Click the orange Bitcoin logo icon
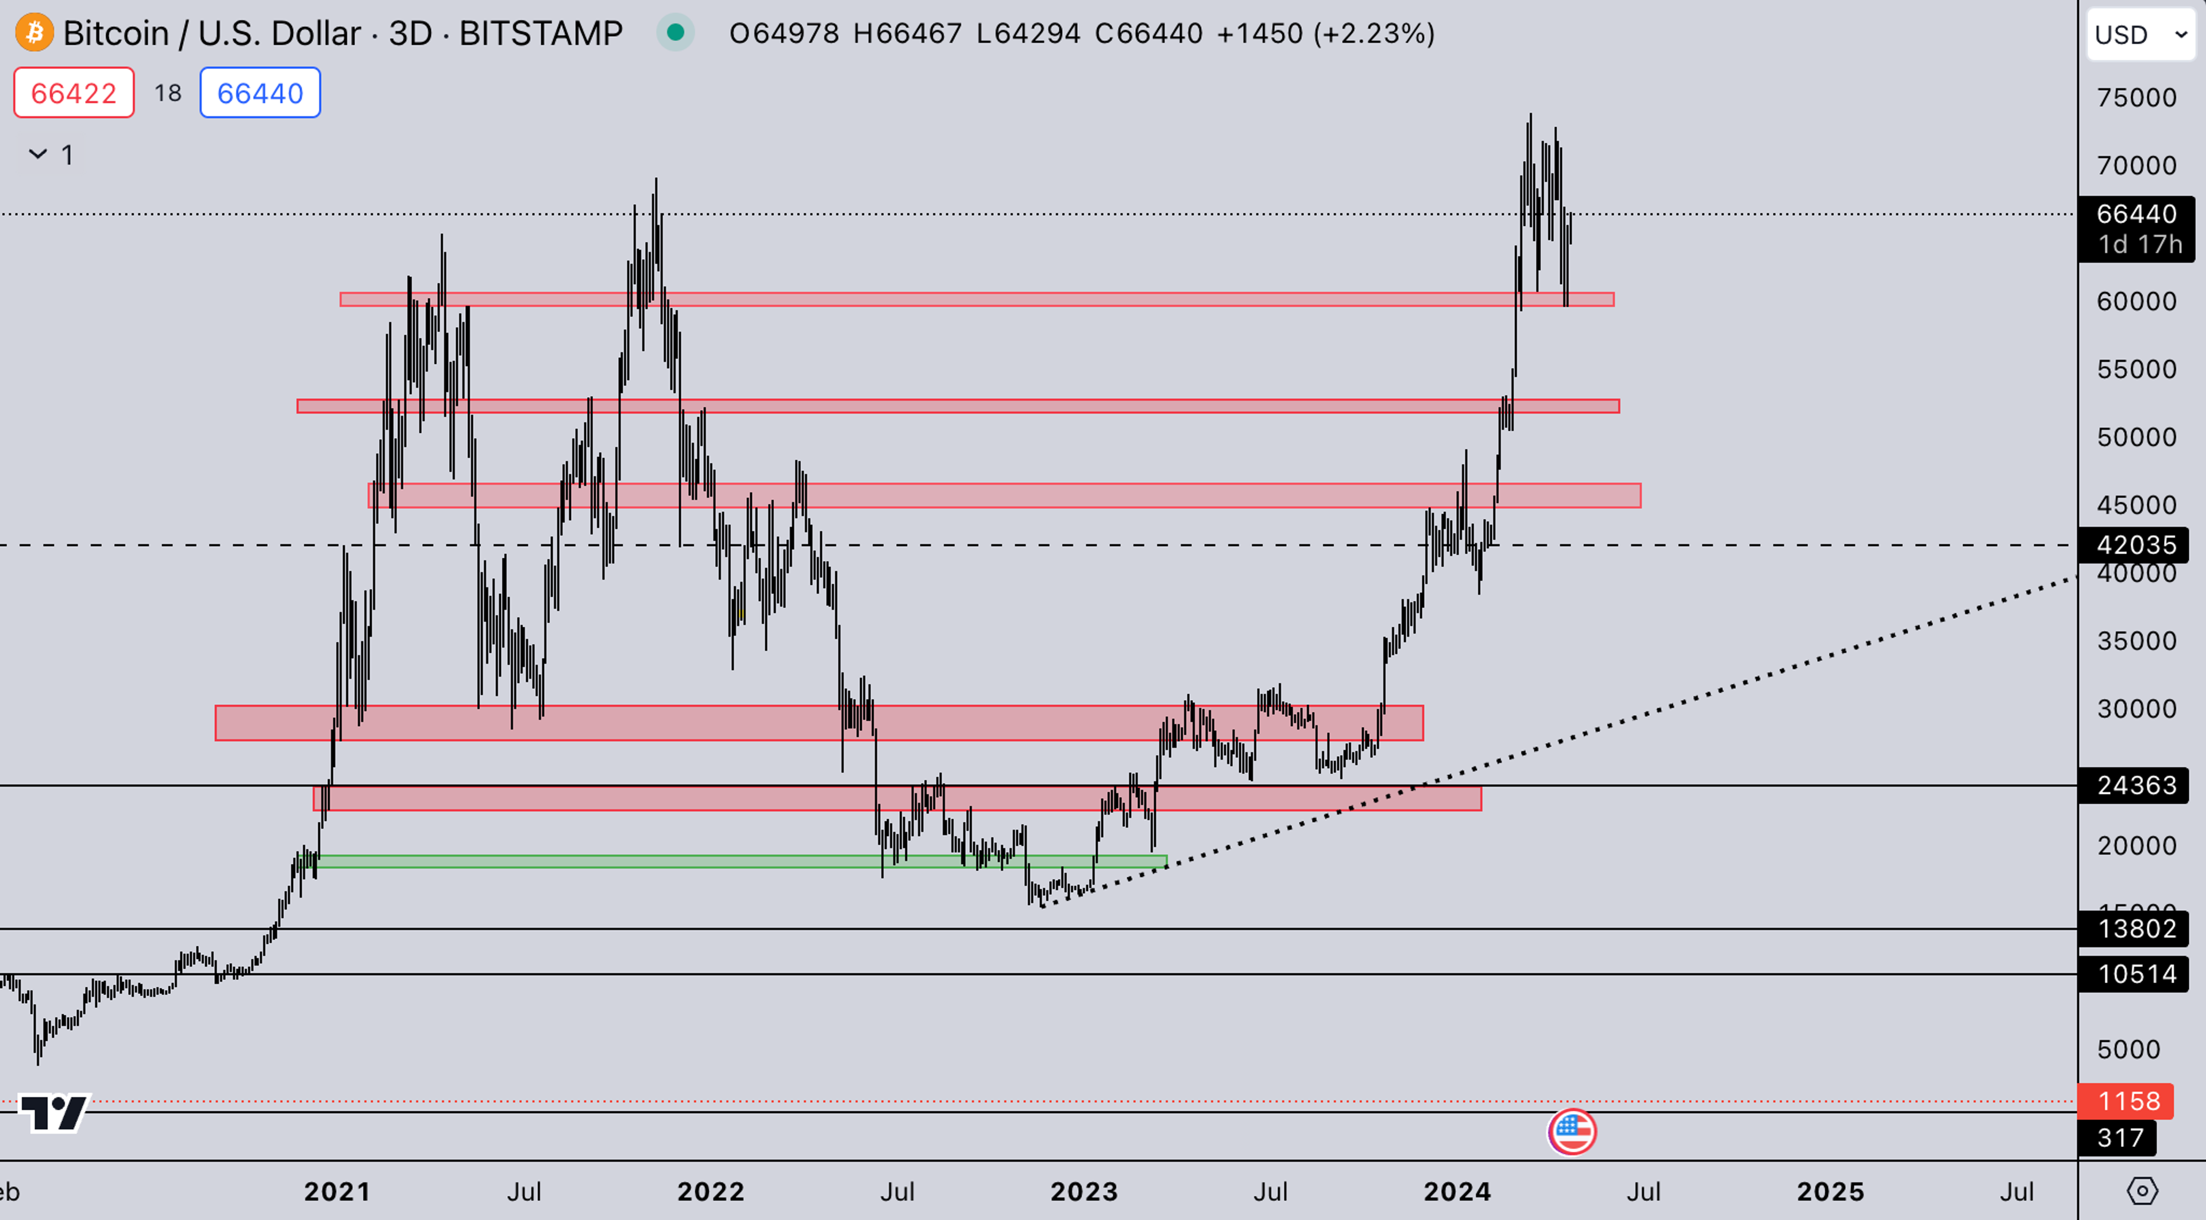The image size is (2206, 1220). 34,33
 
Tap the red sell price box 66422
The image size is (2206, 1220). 74,93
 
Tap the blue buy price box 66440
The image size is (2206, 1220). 260,93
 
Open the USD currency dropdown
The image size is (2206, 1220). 2140,35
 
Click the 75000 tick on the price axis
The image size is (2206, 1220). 2136,98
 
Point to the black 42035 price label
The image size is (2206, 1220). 2136,545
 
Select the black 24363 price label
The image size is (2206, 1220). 2136,785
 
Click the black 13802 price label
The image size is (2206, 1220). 2136,929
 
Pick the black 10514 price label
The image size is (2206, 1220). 2136,974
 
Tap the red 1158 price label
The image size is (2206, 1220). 2128,1101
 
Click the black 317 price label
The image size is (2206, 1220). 2119,1138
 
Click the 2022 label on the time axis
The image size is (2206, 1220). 710,1192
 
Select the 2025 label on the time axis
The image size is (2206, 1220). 1830,1192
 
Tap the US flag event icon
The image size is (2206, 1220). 1571,1132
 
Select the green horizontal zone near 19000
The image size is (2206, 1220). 736,862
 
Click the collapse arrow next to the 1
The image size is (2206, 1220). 38,154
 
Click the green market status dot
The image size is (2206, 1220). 675,33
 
